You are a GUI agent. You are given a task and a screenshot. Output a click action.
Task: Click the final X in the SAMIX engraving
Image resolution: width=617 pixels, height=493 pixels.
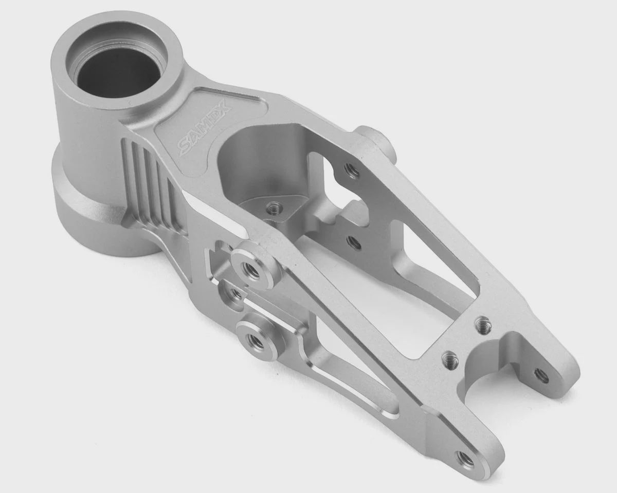tap(227, 110)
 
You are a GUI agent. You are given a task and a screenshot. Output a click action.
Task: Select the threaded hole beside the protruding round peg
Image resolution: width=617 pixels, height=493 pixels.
tap(352, 171)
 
